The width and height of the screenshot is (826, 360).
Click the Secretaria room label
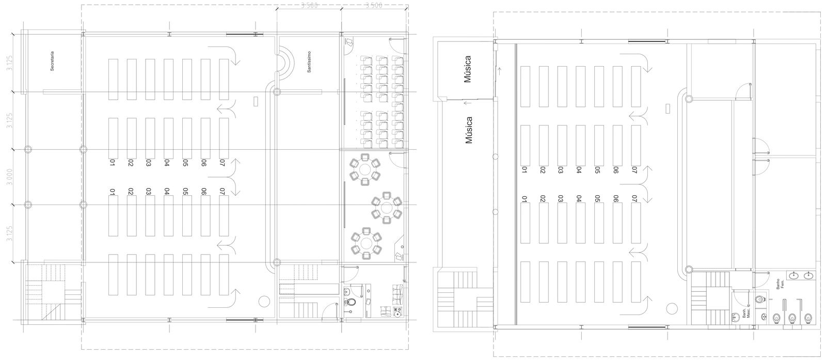coord(52,60)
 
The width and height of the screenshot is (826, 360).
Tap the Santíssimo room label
coord(309,61)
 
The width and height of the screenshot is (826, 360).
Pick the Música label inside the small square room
coord(468,69)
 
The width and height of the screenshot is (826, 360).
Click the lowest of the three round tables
coord(367,243)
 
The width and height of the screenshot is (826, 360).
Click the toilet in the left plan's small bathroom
coord(350,301)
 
